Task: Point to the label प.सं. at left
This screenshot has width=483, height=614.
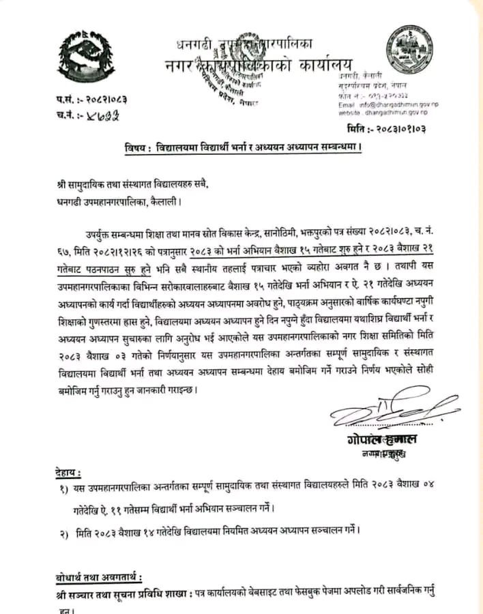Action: point(65,100)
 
